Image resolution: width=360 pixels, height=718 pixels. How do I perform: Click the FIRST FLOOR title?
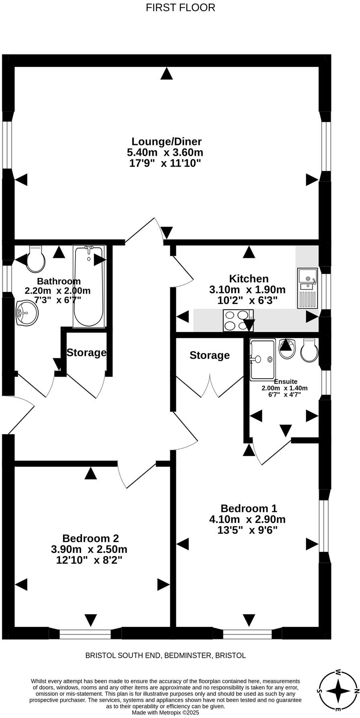pyautogui.click(x=180, y=8)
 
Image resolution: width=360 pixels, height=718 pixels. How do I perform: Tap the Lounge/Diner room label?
pyautogui.click(x=166, y=141)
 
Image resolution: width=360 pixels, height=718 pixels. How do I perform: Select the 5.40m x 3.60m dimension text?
pyautogui.click(x=165, y=153)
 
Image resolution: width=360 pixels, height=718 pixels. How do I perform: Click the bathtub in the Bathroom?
pyautogui.click(x=88, y=286)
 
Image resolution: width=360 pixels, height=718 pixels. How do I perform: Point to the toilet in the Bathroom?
pyautogui.click(x=36, y=259)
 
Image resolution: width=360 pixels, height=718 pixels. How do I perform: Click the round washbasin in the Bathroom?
pyautogui.click(x=27, y=312)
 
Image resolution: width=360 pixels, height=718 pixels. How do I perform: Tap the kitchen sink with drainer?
pyautogui.click(x=307, y=288)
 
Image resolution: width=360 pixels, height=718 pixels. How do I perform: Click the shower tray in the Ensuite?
pyautogui.click(x=262, y=359)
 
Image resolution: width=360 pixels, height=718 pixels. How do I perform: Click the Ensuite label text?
pyautogui.click(x=286, y=382)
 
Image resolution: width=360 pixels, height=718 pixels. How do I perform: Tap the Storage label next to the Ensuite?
pyautogui.click(x=209, y=355)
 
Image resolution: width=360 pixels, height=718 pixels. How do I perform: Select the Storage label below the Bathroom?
pyautogui.click(x=86, y=353)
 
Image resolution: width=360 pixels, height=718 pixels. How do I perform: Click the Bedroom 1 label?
pyautogui.click(x=249, y=508)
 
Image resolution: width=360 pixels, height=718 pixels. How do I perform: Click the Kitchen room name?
pyautogui.click(x=248, y=279)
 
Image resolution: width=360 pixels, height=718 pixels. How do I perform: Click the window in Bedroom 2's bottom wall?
pyautogui.click(x=85, y=634)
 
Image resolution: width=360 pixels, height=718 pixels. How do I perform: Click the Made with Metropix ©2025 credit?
pyautogui.click(x=165, y=712)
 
